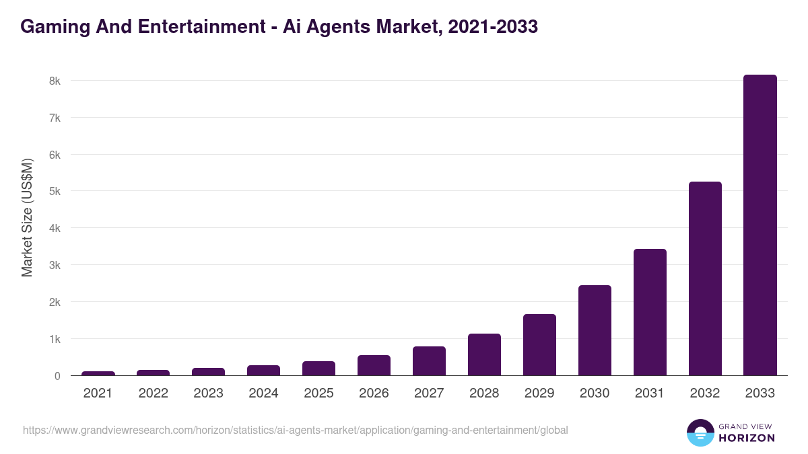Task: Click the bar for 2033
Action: (x=760, y=225)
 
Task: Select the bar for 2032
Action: (x=705, y=278)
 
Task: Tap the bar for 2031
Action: (x=650, y=312)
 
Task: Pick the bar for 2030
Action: (x=595, y=330)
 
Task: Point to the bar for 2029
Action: (x=539, y=344)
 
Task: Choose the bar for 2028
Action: (x=484, y=354)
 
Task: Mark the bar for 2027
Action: (x=429, y=361)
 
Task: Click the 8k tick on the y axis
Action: (x=55, y=81)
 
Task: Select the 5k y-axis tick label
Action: (x=55, y=191)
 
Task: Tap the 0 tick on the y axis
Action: (x=58, y=376)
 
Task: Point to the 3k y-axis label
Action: (x=55, y=265)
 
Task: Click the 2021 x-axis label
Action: (x=98, y=393)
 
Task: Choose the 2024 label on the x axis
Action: (x=263, y=393)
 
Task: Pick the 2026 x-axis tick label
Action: (x=374, y=393)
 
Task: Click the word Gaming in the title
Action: (x=54, y=27)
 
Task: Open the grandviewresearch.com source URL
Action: (x=296, y=430)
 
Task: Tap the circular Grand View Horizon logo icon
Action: (x=700, y=432)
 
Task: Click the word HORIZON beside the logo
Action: (x=746, y=438)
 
